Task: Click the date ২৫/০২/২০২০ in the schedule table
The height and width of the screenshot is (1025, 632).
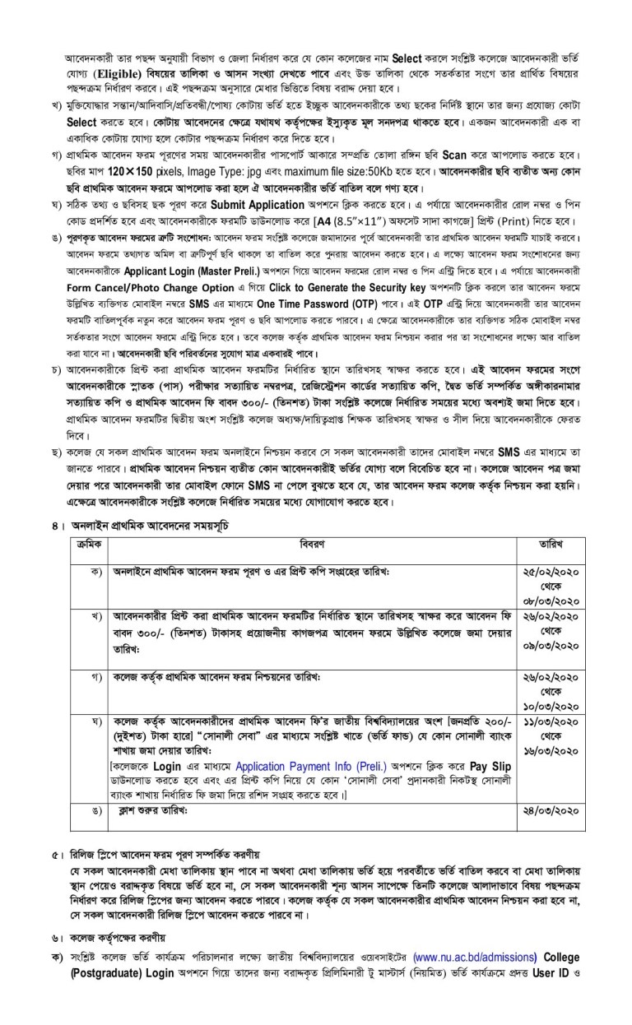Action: coord(546,570)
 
